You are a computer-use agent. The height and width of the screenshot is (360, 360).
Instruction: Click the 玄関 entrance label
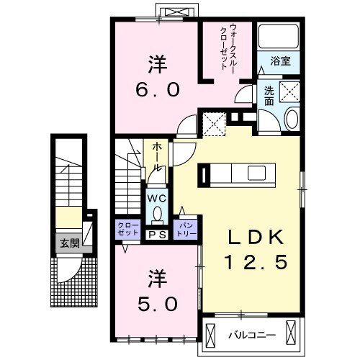pyautogui.click(x=70, y=243)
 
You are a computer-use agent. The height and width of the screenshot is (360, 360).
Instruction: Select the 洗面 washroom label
pyautogui.click(x=269, y=95)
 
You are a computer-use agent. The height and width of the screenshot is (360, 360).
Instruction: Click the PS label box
pyautogui.click(x=156, y=234)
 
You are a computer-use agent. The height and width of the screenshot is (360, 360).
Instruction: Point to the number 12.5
pyautogui.click(x=253, y=264)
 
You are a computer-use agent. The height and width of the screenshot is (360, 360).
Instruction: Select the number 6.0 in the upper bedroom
pyautogui.click(x=159, y=91)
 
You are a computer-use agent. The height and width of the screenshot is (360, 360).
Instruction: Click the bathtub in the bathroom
pyautogui.click(x=277, y=37)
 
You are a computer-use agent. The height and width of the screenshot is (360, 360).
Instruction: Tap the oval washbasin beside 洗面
pyautogui.click(x=290, y=120)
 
